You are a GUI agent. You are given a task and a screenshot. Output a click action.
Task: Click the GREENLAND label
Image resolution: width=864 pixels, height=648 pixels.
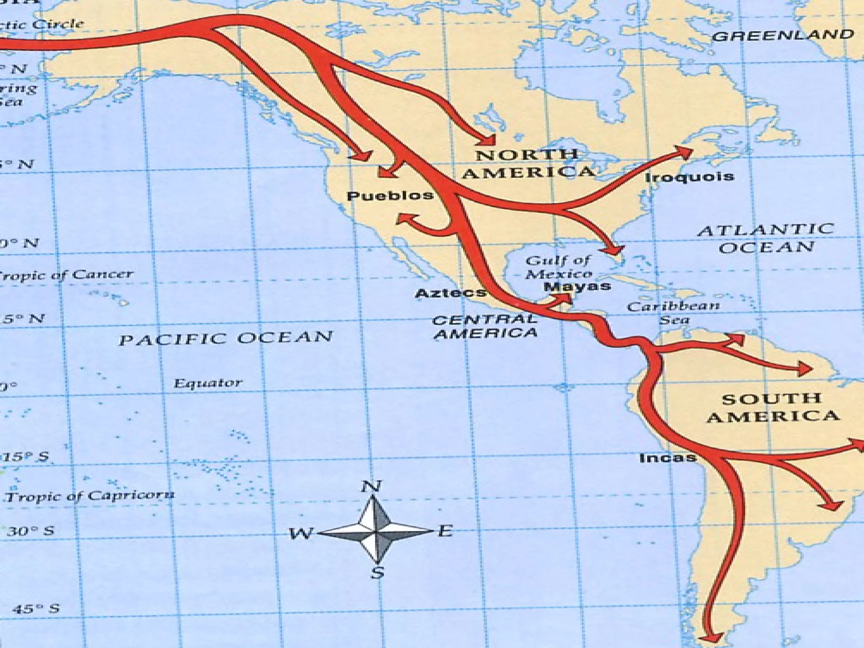[783, 35]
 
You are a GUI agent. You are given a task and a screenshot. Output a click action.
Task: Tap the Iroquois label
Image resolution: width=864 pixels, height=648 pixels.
[690, 177]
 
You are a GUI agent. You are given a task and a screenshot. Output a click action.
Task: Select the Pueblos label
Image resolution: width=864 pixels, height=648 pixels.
[390, 196]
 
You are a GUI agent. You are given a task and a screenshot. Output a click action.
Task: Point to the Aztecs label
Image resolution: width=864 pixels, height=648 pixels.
[450, 293]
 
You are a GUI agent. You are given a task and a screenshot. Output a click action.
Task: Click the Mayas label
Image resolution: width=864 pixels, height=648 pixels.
[577, 287]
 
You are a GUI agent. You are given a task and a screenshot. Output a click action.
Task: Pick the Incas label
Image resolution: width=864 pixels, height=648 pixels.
[667, 458]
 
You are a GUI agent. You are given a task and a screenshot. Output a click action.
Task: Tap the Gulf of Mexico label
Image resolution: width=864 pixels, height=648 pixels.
[559, 267]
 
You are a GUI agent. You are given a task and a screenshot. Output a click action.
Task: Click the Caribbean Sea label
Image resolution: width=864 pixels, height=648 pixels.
[673, 313]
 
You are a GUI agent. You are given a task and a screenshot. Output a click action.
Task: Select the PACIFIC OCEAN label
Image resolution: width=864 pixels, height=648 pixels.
[226, 338]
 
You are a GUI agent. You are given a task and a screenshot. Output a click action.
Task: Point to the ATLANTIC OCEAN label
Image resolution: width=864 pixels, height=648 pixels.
[766, 238]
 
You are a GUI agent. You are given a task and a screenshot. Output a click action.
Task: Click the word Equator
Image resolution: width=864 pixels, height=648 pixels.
[208, 383]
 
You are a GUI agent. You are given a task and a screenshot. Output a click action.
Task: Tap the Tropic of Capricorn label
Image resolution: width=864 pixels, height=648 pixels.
[89, 496]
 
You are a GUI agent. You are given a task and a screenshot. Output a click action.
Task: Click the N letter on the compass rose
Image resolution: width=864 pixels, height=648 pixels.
[371, 486]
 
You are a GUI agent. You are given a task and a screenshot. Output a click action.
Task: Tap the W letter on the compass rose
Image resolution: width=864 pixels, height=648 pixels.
[301, 534]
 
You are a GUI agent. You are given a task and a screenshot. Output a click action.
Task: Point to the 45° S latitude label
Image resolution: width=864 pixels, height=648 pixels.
[35, 609]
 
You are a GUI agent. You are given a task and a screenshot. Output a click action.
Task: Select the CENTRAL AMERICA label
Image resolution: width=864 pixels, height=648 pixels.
[485, 327]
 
